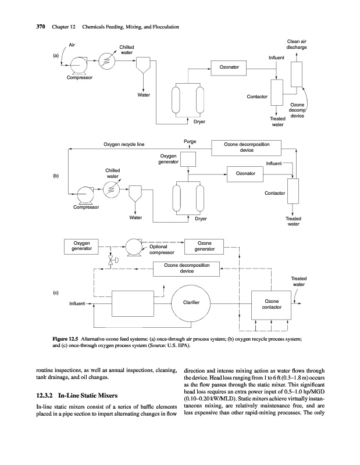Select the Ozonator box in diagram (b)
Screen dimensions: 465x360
pos(245,173)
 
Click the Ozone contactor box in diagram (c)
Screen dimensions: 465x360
pos(271,304)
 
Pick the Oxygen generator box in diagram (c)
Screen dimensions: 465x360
pos(81,246)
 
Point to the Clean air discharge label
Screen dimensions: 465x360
pos(297,44)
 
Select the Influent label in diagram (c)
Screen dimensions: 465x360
pos(77,303)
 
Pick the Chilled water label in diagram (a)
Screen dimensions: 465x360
pos(127,50)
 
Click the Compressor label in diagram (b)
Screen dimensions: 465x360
pos(85,206)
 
